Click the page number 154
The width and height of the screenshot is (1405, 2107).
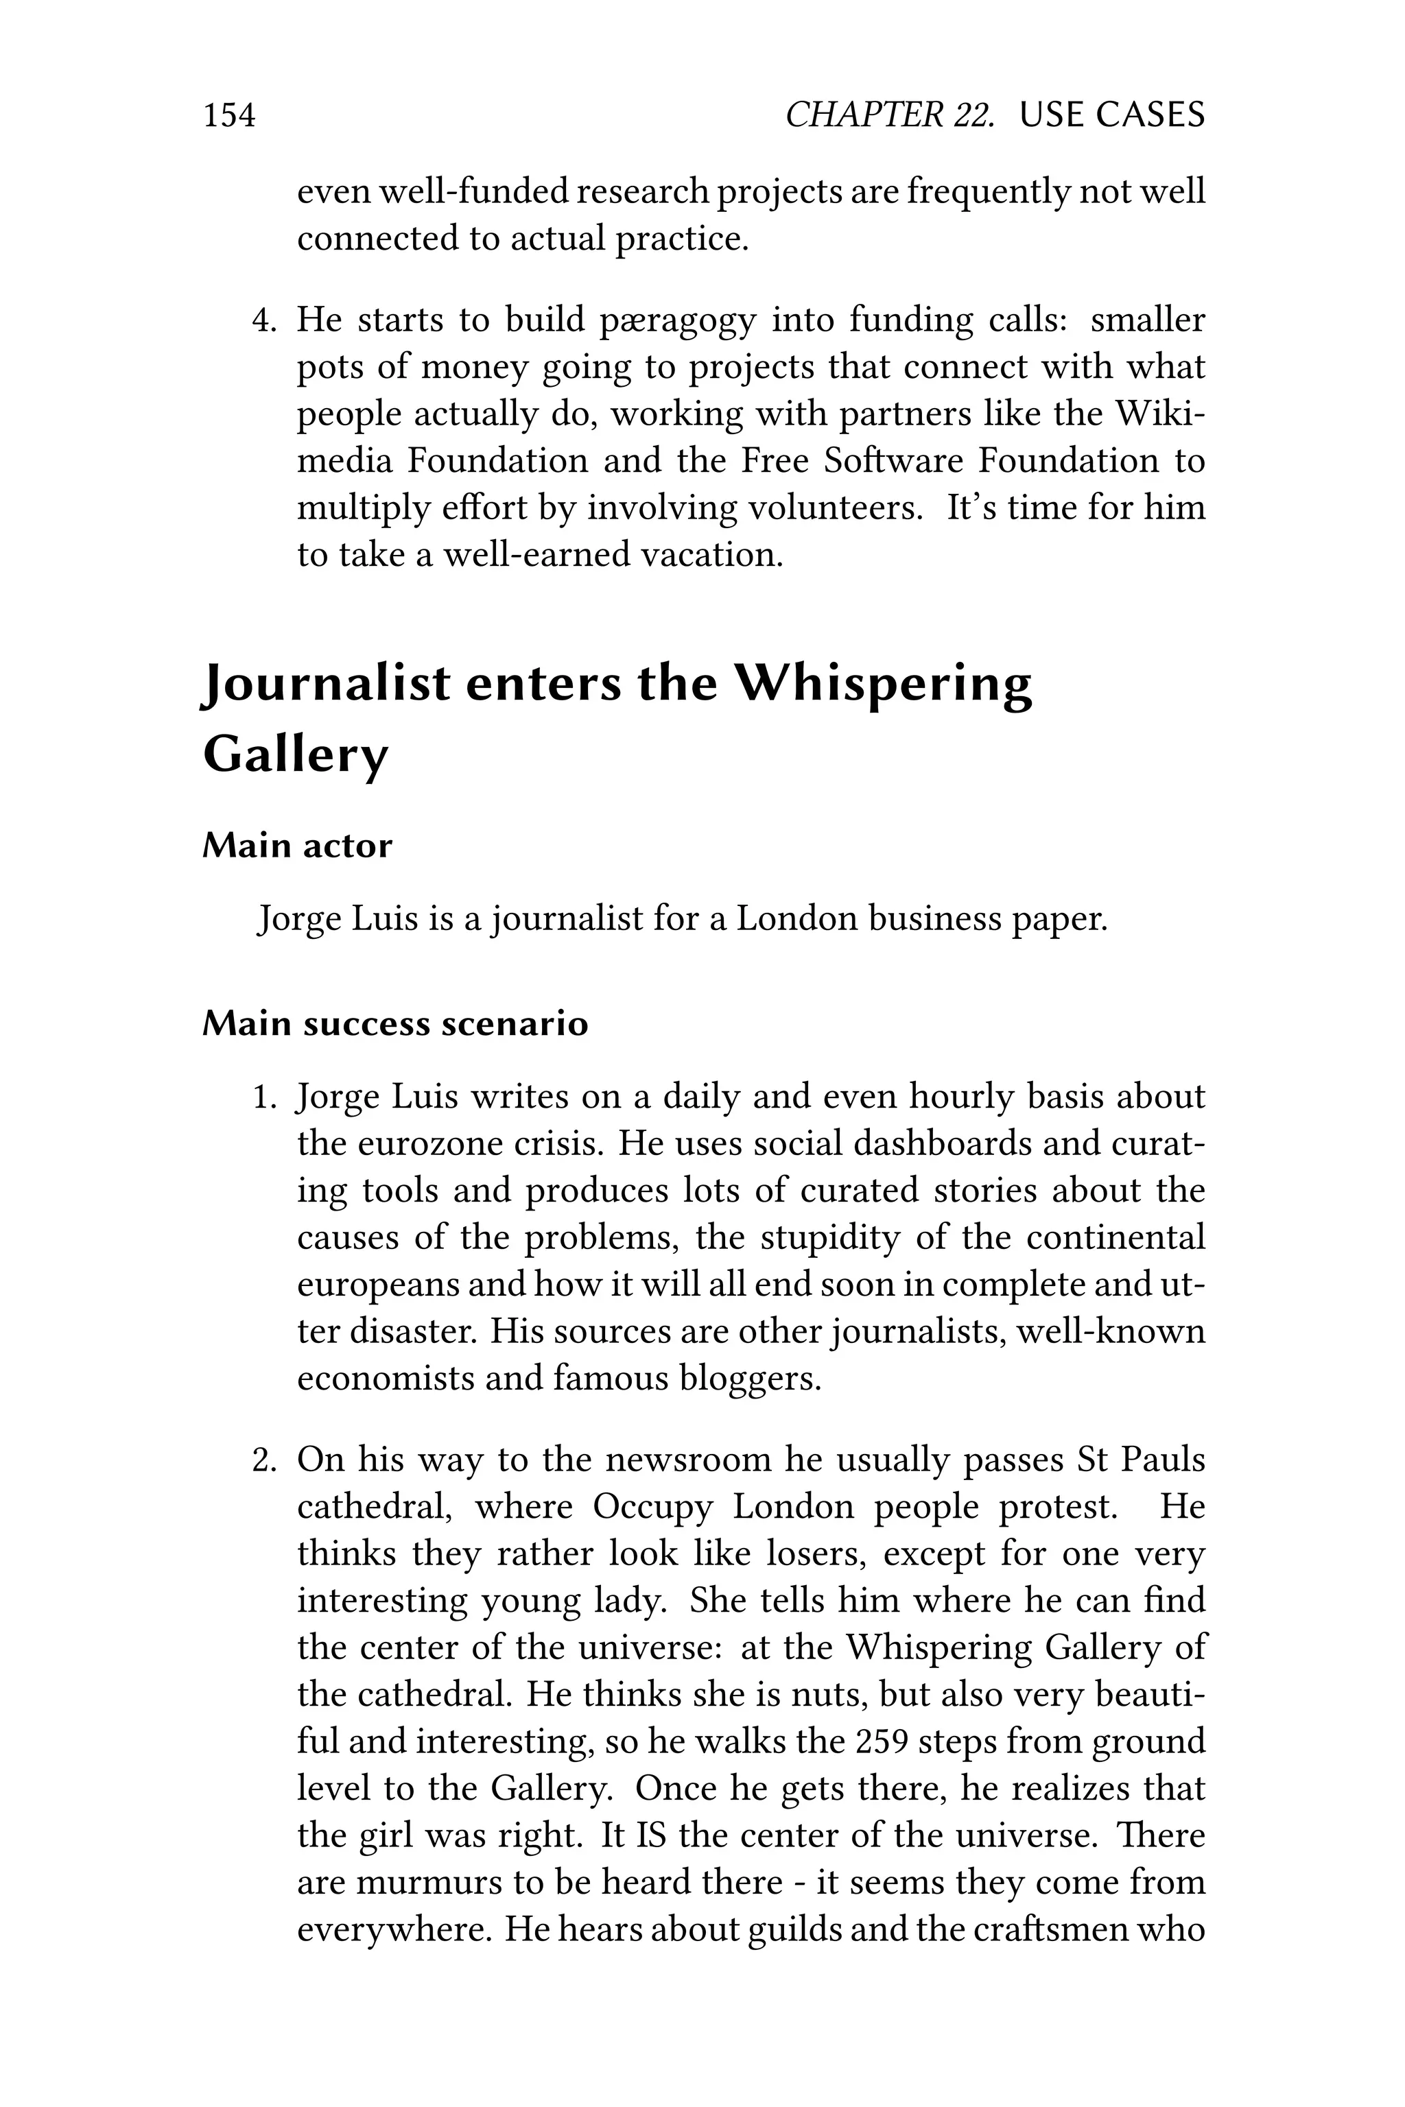229,115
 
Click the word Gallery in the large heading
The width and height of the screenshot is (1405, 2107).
296,754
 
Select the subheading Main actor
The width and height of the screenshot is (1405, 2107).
298,846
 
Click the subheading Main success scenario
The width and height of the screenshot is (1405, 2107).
395,1024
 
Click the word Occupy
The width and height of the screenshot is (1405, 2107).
652,1508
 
